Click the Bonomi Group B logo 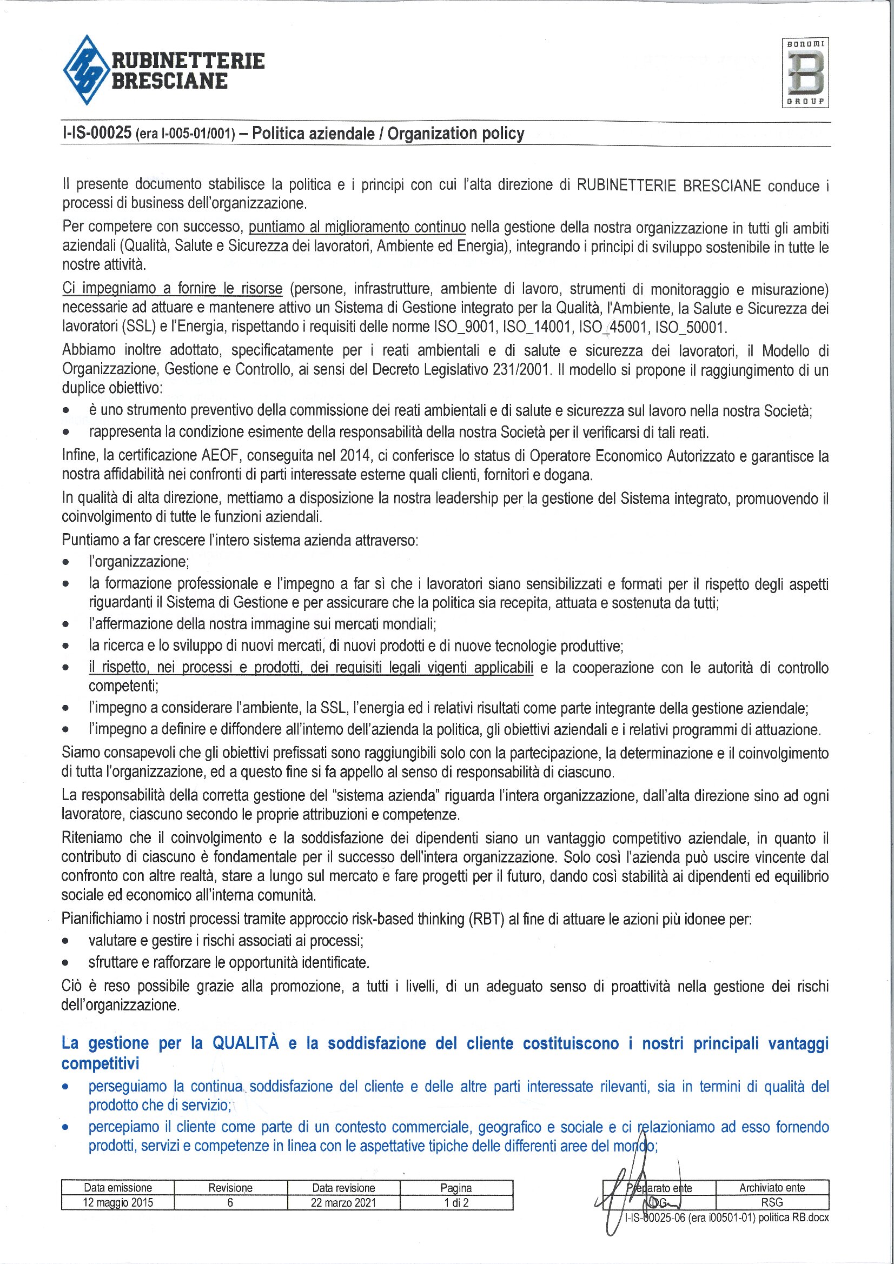coord(805,72)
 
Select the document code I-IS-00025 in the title coord(97,133)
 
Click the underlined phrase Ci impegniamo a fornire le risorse coord(172,289)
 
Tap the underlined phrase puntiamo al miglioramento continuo coord(357,227)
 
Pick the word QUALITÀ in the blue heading coord(246,1043)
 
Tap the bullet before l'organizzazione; coord(66,563)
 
